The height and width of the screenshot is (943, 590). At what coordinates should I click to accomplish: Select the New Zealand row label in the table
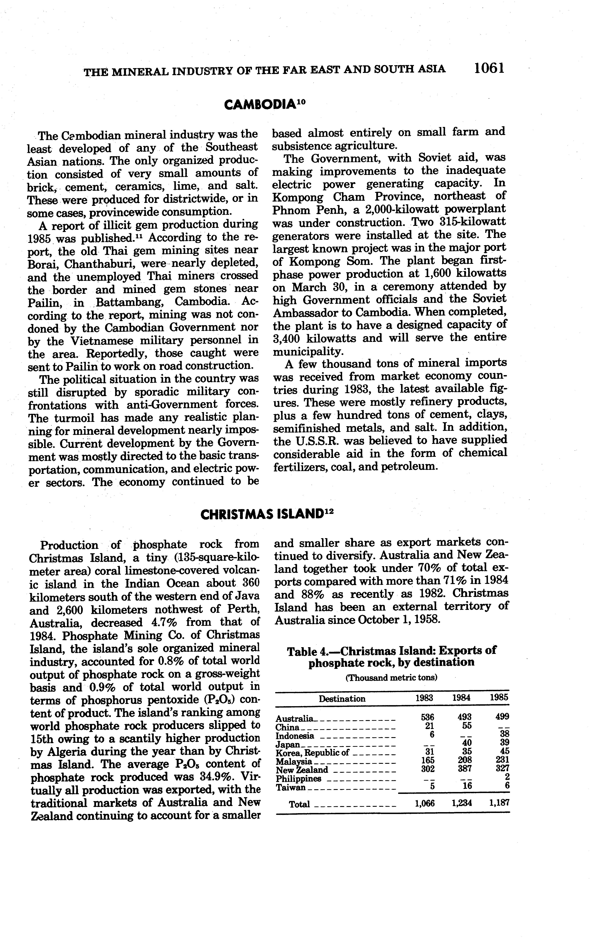coord(302,770)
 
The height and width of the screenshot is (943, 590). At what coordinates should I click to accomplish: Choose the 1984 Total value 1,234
coord(462,803)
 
